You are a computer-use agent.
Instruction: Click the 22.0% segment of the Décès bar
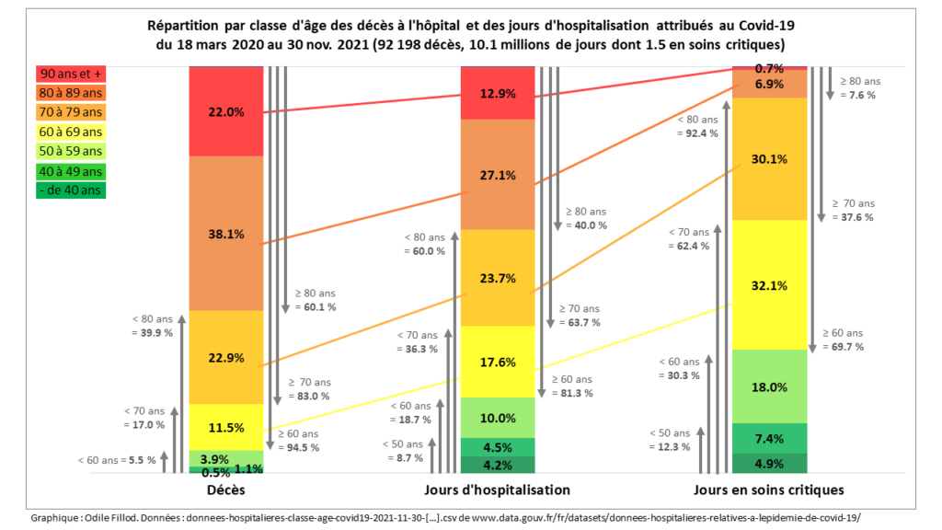pyautogui.click(x=226, y=111)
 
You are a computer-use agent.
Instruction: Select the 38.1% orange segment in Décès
pyautogui.click(x=226, y=234)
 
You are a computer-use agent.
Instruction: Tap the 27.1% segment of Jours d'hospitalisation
pyautogui.click(x=498, y=175)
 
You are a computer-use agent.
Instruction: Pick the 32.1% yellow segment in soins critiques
pyautogui.click(x=769, y=285)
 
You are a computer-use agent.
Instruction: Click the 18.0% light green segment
pyautogui.click(x=769, y=387)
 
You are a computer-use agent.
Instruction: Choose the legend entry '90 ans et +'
pyautogui.click(x=70, y=75)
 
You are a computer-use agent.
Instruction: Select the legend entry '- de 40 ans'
pyautogui.click(x=70, y=190)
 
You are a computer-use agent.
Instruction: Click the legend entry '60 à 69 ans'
pyautogui.click(x=70, y=132)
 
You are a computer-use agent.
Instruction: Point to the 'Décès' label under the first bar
pyautogui.click(x=225, y=490)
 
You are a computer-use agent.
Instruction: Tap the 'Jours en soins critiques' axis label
pyautogui.click(x=770, y=490)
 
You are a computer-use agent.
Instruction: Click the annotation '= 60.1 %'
pyautogui.click(x=316, y=306)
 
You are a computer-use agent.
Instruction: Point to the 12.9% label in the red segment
pyautogui.click(x=498, y=93)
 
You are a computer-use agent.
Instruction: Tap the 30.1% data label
pyautogui.click(x=769, y=159)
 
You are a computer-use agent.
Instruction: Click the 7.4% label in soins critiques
pyautogui.click(x=769, y=437)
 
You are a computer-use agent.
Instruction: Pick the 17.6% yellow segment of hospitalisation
pyautogui.click(x=498, y=363)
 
